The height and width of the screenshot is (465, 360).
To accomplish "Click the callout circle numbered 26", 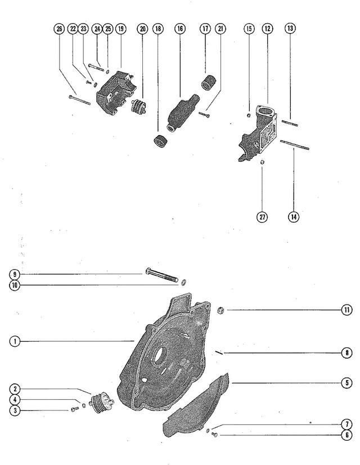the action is pyautogui.click(x=59, y=29).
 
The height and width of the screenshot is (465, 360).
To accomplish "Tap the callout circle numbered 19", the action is pyautogui.click(x=120, y=29).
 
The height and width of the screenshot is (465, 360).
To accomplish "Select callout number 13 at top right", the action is pyautogui.click(x=290, y=28).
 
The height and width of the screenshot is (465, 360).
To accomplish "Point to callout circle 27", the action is pyautogui.click(x=262, y=217).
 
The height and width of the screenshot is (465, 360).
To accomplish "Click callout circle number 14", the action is pyautogui.click(x=294, y=217).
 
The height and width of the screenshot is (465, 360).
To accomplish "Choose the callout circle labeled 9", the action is pyautogui.click(x=15, y=274).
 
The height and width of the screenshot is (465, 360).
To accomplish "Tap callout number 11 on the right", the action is pyautogui.click(x=346, y=310).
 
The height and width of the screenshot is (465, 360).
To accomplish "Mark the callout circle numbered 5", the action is pyautogui.click(x=346, y=383).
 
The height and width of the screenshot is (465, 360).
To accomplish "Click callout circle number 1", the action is pyautogui.click(x=15, y=341).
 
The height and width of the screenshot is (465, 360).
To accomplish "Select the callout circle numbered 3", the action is pyautogui.click(x=15, y=410).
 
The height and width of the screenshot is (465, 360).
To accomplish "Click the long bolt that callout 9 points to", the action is pyautogui.click(x=162, y=275).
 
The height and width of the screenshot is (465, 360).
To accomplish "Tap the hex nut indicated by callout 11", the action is pyautogui.click(x=220, y=311).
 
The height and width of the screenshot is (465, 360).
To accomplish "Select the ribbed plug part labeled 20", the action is pyautogui.click(x=138, y=106).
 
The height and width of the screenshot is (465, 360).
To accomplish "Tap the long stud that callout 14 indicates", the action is pyautogui.click(x=295, y=145).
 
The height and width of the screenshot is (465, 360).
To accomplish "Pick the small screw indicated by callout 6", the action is pyautogui.click(x=215, y=435).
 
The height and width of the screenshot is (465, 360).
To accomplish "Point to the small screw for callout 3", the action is pyautogui.click(x=75, y=409).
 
